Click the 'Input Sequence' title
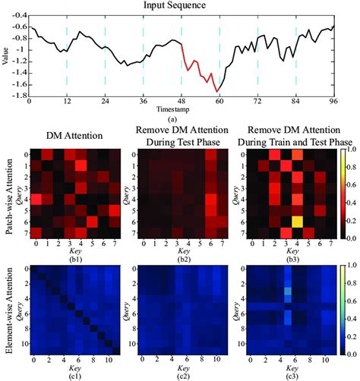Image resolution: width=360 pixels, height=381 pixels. (x=179, y=5)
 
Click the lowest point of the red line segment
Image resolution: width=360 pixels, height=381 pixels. (x=217, y=92)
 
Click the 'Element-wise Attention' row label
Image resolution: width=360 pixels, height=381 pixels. (x=7, y=310)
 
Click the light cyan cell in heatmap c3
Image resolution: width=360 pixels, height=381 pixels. (x=288, y=291)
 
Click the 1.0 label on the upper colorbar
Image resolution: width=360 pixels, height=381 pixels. (x=349, y=151)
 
